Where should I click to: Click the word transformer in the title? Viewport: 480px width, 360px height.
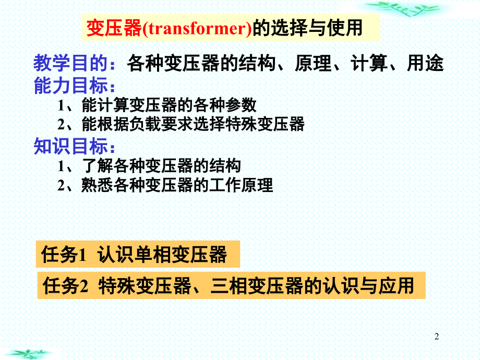[x=198, y=28]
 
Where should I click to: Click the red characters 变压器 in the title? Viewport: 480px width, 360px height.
[x=114, y=28]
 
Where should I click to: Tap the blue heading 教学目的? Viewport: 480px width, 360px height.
[x=71, y=63]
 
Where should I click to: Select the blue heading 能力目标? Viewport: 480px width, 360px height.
[x=71, y=85]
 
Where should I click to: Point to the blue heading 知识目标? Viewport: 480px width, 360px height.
[x=71, y=146]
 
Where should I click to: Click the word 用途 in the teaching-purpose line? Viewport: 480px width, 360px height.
[x=425, y=63]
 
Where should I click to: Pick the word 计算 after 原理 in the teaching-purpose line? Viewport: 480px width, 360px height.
[x=369, y=63]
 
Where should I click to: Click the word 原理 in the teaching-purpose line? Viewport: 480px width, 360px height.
[x=313, y=63]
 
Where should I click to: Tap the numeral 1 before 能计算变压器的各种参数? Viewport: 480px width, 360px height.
[x=61, y=105]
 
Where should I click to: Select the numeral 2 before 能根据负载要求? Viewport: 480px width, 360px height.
[x=61, y=124]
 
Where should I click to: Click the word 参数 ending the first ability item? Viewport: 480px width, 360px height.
[x=241, y=105]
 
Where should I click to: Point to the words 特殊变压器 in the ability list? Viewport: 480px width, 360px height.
[x=265, y=124]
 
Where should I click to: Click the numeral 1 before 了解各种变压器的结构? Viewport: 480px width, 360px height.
[x=61, y=166]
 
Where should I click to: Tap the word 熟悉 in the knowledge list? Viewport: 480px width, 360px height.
[x=97, y=185]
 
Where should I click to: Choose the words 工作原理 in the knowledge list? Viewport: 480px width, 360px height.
[x=241, y=185]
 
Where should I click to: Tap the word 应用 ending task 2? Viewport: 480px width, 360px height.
[x=396, y=285]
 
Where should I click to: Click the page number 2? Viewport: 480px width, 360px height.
[x=437, y=337]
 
